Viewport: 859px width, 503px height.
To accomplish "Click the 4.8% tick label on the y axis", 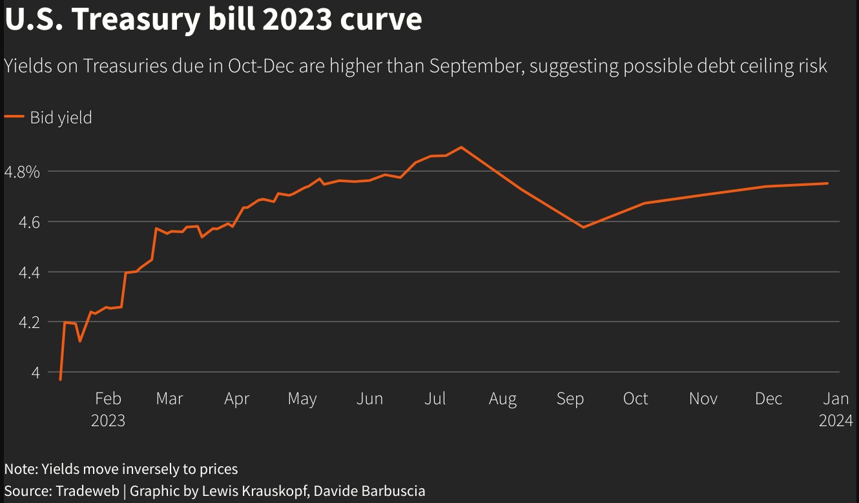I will pos(22,172).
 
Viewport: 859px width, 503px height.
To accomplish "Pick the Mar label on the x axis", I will pos(169,399).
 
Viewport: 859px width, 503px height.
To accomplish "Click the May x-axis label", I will pos(302,399).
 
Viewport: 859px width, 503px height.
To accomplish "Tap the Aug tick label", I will pos(502,399).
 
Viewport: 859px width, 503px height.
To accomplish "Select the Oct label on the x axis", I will pos(636,399).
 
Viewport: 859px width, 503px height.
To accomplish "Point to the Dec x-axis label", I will pos(769,399).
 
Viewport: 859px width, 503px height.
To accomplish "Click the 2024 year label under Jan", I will pos(836,421).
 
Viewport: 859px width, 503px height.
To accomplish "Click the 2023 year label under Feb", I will pos(108,421).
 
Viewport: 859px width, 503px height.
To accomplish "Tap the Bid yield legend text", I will pos(61,118).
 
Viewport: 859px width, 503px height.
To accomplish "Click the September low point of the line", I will pos(583,227).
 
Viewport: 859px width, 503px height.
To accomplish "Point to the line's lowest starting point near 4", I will pos(60,380).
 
